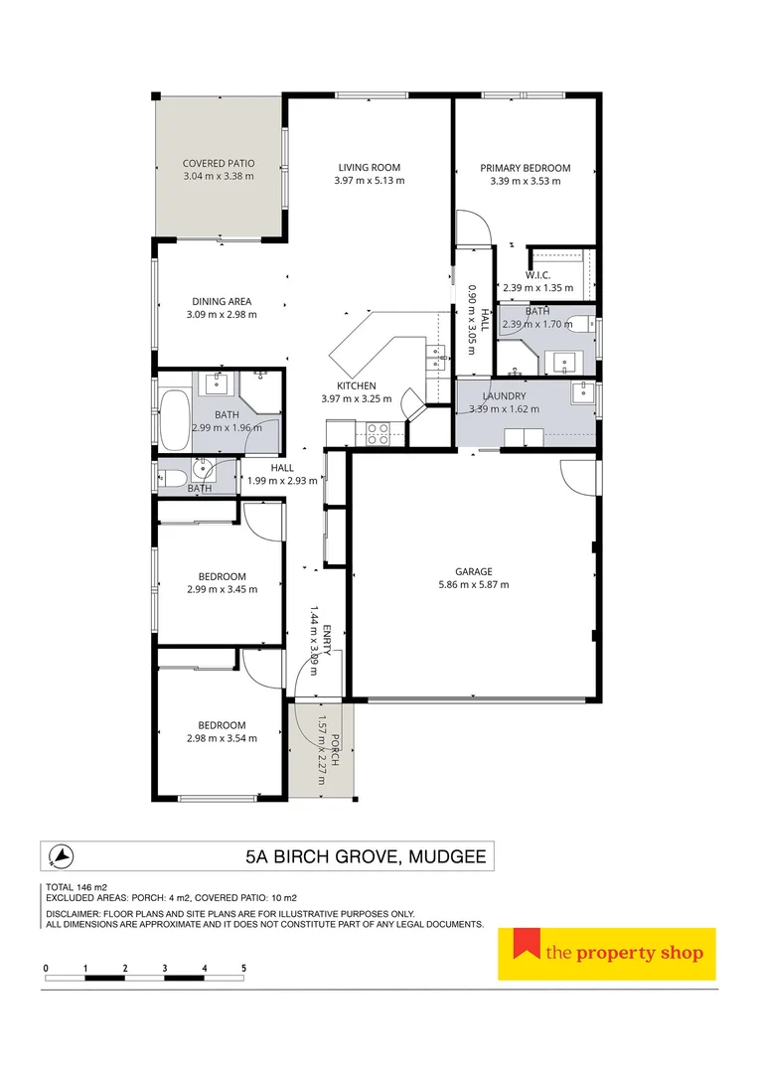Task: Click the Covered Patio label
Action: (x=219, y=163)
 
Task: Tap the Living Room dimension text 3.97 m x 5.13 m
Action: (x=370, y=181)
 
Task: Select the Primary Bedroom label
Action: (x=525, y=168)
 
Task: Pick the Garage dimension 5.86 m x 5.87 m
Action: (x=474, y=585)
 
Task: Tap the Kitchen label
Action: (x=356, y=385)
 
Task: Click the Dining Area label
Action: (x=222, y=301)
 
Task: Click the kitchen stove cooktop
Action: (x=379, y=432)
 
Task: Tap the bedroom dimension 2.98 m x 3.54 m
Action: (x=222, y=738)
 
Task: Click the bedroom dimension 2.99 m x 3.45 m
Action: (x=222, y=589)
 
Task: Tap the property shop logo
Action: (x=606, y=954)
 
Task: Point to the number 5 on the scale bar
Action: (x=243, y=967)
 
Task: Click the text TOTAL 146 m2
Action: (x=76, y=887)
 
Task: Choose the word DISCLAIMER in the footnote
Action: (x=74, y=914)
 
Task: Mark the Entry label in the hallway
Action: (x=327, y=633)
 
